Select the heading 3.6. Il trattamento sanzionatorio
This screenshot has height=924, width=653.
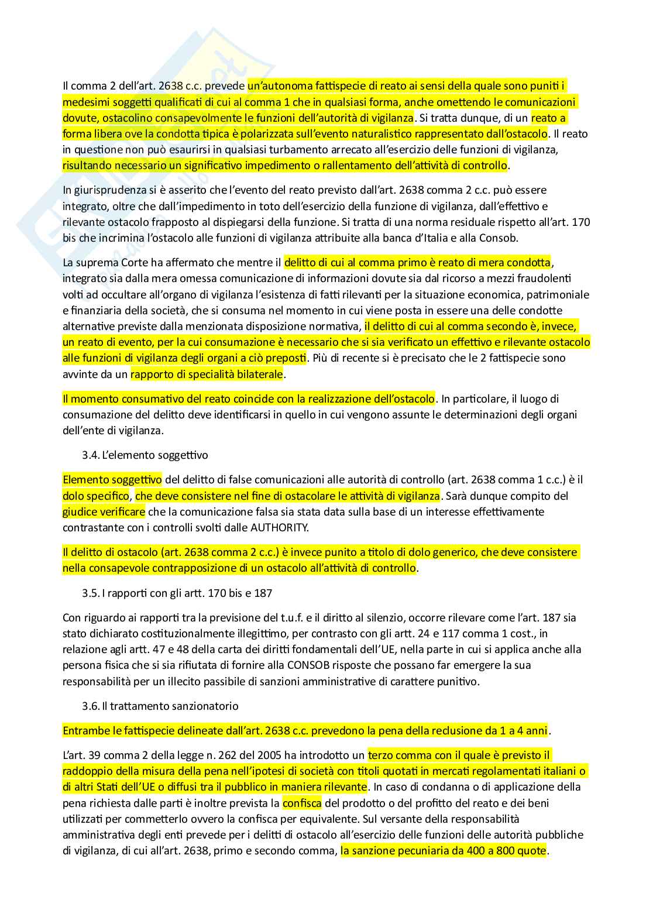click(160, 706)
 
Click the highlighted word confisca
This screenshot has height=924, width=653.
click(302, 803)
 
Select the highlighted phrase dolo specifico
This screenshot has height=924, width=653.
click(96, 496)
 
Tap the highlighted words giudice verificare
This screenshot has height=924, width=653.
click(104, 511)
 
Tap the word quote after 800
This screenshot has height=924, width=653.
click(530, 851)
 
